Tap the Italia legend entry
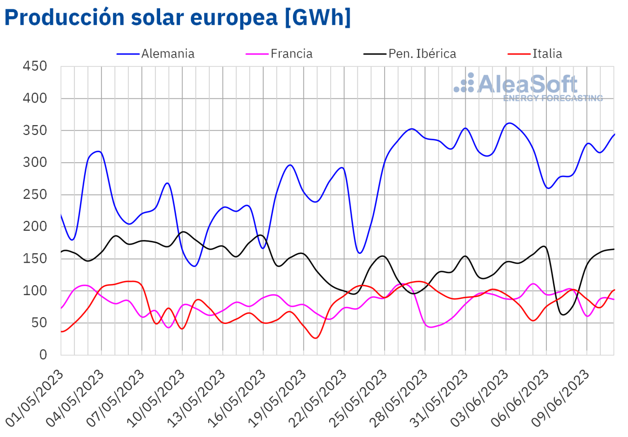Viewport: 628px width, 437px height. point(547,53)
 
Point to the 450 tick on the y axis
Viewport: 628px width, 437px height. point(35,66)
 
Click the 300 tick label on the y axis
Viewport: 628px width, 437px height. point(35,163)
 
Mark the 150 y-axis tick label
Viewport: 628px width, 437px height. point(35,259)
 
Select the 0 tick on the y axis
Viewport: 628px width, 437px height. point(43,355)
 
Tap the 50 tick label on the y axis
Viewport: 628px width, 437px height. point(39,323)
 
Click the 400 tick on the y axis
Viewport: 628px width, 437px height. point(35,98)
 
